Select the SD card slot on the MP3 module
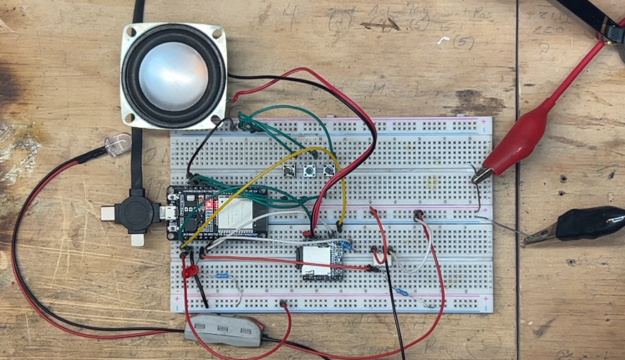317,261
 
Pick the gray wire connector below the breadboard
224,327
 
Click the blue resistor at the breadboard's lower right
403,292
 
